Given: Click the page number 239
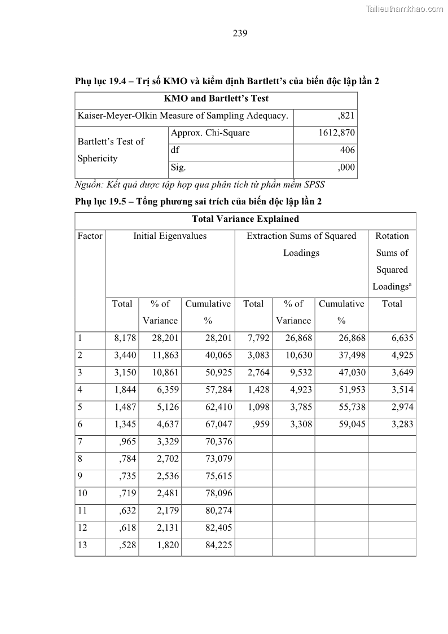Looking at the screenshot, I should (x=240, y=33).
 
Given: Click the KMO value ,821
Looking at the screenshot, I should (x=346, y=116).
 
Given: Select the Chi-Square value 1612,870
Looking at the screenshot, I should (x=337, y=133).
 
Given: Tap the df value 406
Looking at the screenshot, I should (x=348, y=150).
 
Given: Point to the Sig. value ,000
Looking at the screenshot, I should (x=346, y=167).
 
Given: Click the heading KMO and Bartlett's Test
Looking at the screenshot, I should (x=216, y=98).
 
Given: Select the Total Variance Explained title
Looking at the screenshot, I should (x=245, y=219).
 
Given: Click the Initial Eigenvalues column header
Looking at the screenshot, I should (x=170, y=236).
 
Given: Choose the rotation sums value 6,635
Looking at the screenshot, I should (x=402, y=338).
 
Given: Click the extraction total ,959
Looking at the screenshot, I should (x=259, y=424).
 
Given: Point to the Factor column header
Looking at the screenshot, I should (x=90, y=236).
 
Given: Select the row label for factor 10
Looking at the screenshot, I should (x=83, y=493).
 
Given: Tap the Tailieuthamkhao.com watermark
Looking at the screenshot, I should (x=405, y=8).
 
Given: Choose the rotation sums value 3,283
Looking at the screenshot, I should (x=402, y=424).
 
